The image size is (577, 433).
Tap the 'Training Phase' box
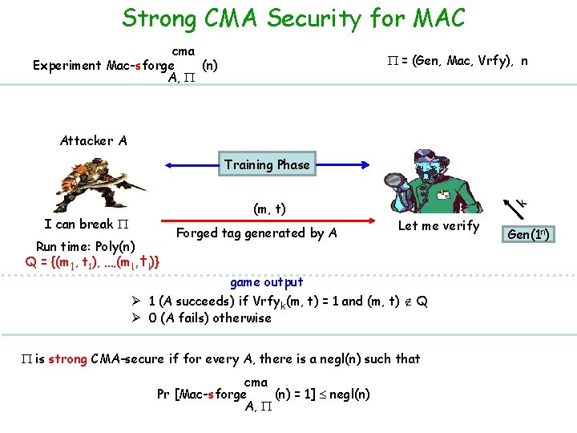pos(267,164)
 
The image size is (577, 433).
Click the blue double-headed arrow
pos(192,165)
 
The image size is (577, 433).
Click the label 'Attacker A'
pos(93,140)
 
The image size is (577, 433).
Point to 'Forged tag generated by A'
pos(256,233)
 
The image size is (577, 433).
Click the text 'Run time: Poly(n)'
pos(86,245)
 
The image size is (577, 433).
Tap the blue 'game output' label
pos(267,282)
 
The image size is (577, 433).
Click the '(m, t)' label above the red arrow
pos(270,208)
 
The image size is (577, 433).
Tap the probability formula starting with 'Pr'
pos(264,394)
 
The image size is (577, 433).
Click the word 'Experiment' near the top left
pos(67,66)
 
